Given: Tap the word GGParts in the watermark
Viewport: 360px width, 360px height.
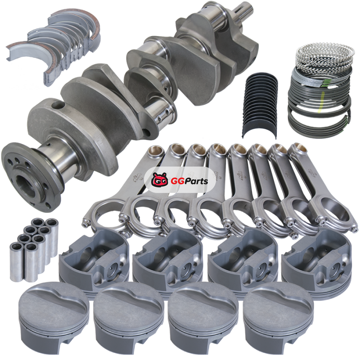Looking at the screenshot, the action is pos(189,181).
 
